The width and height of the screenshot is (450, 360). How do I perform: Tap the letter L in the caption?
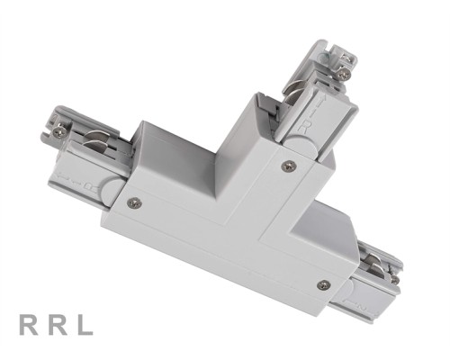pyautogui.click(x=83, y=325)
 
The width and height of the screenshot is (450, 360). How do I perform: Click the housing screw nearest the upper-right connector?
pyautogui.click(x=287, y=165)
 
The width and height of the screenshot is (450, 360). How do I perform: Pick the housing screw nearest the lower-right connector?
pyautogui.click(x=324, y=284)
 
